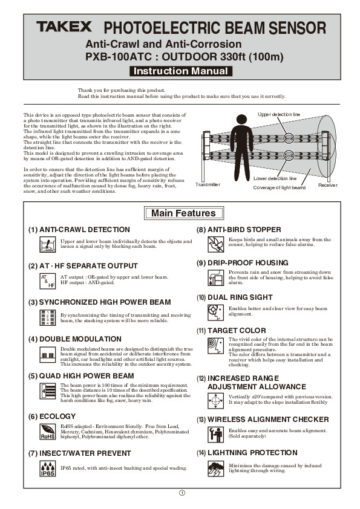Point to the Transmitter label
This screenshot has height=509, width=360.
pyautogui.click(x=208, y=184)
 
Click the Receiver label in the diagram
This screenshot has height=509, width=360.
pyautogui.click(x=328, y=185)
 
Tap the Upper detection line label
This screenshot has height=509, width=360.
pyautogui.click(x=279, y=114)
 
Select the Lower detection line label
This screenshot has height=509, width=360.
pyautogui.click(x=274, y=179)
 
